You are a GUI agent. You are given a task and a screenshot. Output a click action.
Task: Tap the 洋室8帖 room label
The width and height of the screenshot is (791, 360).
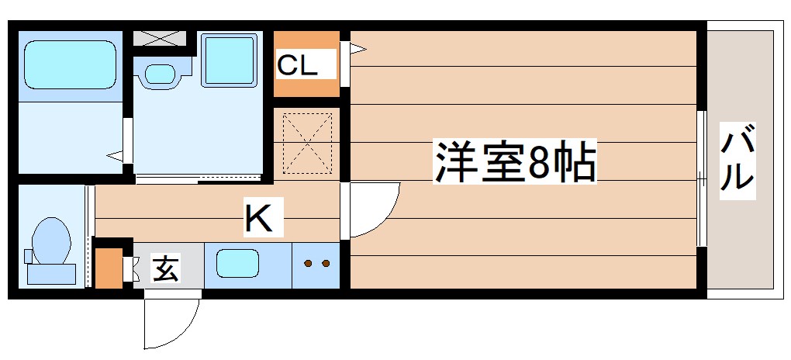515,162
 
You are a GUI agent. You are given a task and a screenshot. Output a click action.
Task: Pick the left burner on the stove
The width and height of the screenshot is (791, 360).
308,264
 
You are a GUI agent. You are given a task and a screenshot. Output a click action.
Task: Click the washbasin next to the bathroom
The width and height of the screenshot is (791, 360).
161,74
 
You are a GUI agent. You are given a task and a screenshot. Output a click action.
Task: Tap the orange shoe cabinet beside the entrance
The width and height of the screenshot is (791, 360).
108,267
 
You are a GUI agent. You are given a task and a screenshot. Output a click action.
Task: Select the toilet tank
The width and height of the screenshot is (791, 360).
51,273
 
